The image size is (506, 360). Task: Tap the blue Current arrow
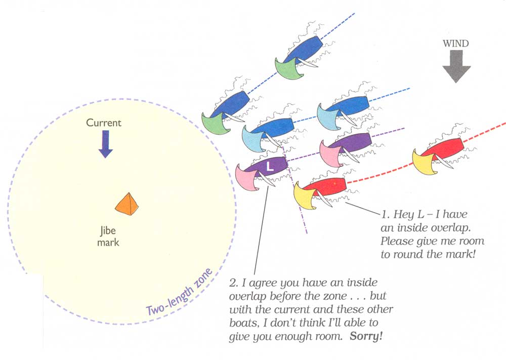(x=105, y=144)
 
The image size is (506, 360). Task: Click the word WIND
(x=456, y=44)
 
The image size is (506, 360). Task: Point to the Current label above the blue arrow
(x=104, y=123)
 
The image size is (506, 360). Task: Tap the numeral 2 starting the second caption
(x=232, y=282)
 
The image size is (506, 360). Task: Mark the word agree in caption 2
(x=259, y=282)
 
